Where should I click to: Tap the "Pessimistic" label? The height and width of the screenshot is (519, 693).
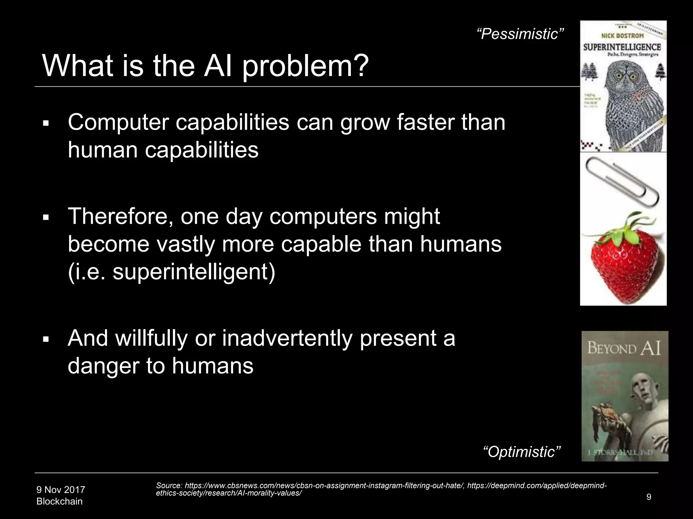coord(520,34)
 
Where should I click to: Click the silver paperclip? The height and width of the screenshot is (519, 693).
coord(623,181)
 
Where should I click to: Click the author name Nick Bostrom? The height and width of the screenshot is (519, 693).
coord(622,35)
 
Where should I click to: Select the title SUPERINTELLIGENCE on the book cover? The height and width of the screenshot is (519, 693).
coord(622,47)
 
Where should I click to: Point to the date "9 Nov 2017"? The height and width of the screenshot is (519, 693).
coord(61,490)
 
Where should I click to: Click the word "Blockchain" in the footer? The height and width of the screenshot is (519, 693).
coord(59,501)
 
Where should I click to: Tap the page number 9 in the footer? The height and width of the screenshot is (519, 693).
coord(649,497)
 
